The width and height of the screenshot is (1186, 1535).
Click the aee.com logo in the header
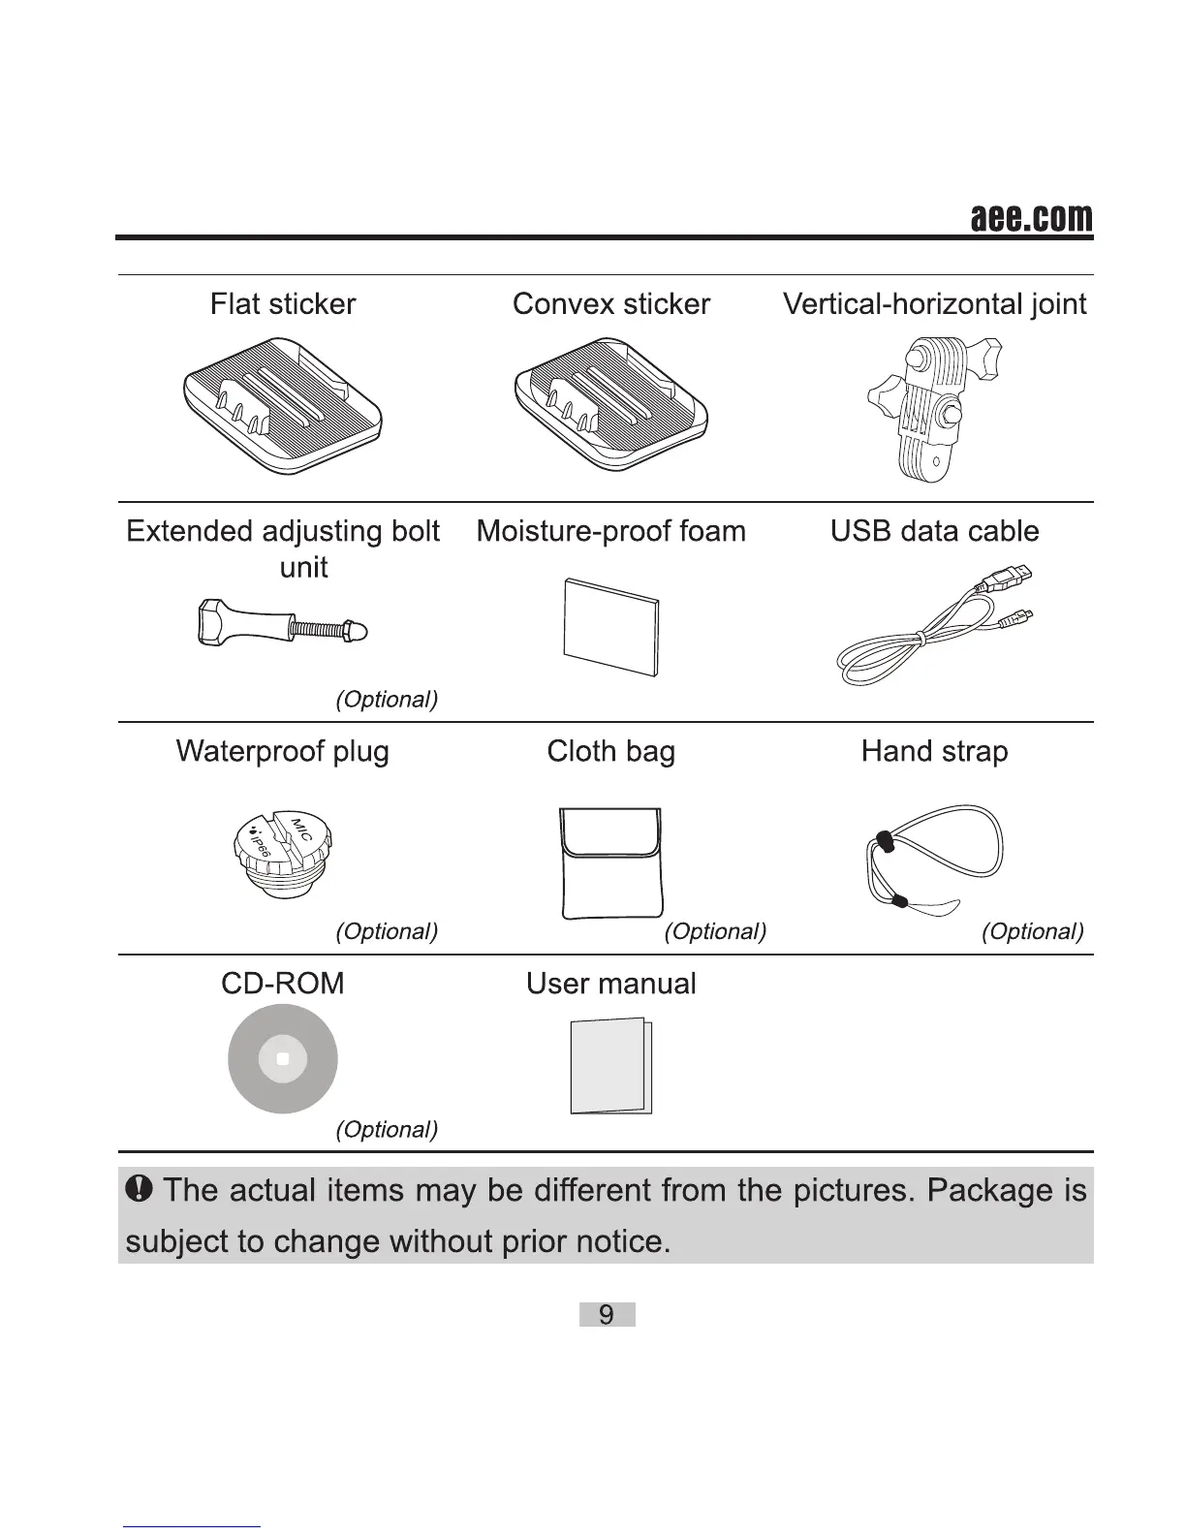coord(1031,219)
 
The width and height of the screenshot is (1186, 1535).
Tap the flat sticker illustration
coord(282,405)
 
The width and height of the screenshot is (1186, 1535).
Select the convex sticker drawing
coord(611,405)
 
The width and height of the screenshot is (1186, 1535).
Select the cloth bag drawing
coord(611,862)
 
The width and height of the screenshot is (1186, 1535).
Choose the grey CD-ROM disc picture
coord(282,1059)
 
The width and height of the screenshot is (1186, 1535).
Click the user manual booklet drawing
coord(611,1066)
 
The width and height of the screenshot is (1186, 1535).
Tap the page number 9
coord(607,1315)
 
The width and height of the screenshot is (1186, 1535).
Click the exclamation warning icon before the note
coord(141,1188)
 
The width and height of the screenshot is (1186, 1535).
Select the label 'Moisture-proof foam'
coord(611,531)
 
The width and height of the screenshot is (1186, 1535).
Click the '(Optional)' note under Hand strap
coord(1032,931)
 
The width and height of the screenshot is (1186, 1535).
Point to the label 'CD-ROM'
coord(282,984)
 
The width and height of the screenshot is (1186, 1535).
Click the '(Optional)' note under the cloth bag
coord(715,931)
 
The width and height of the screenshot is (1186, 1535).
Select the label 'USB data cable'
coord(934,531)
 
